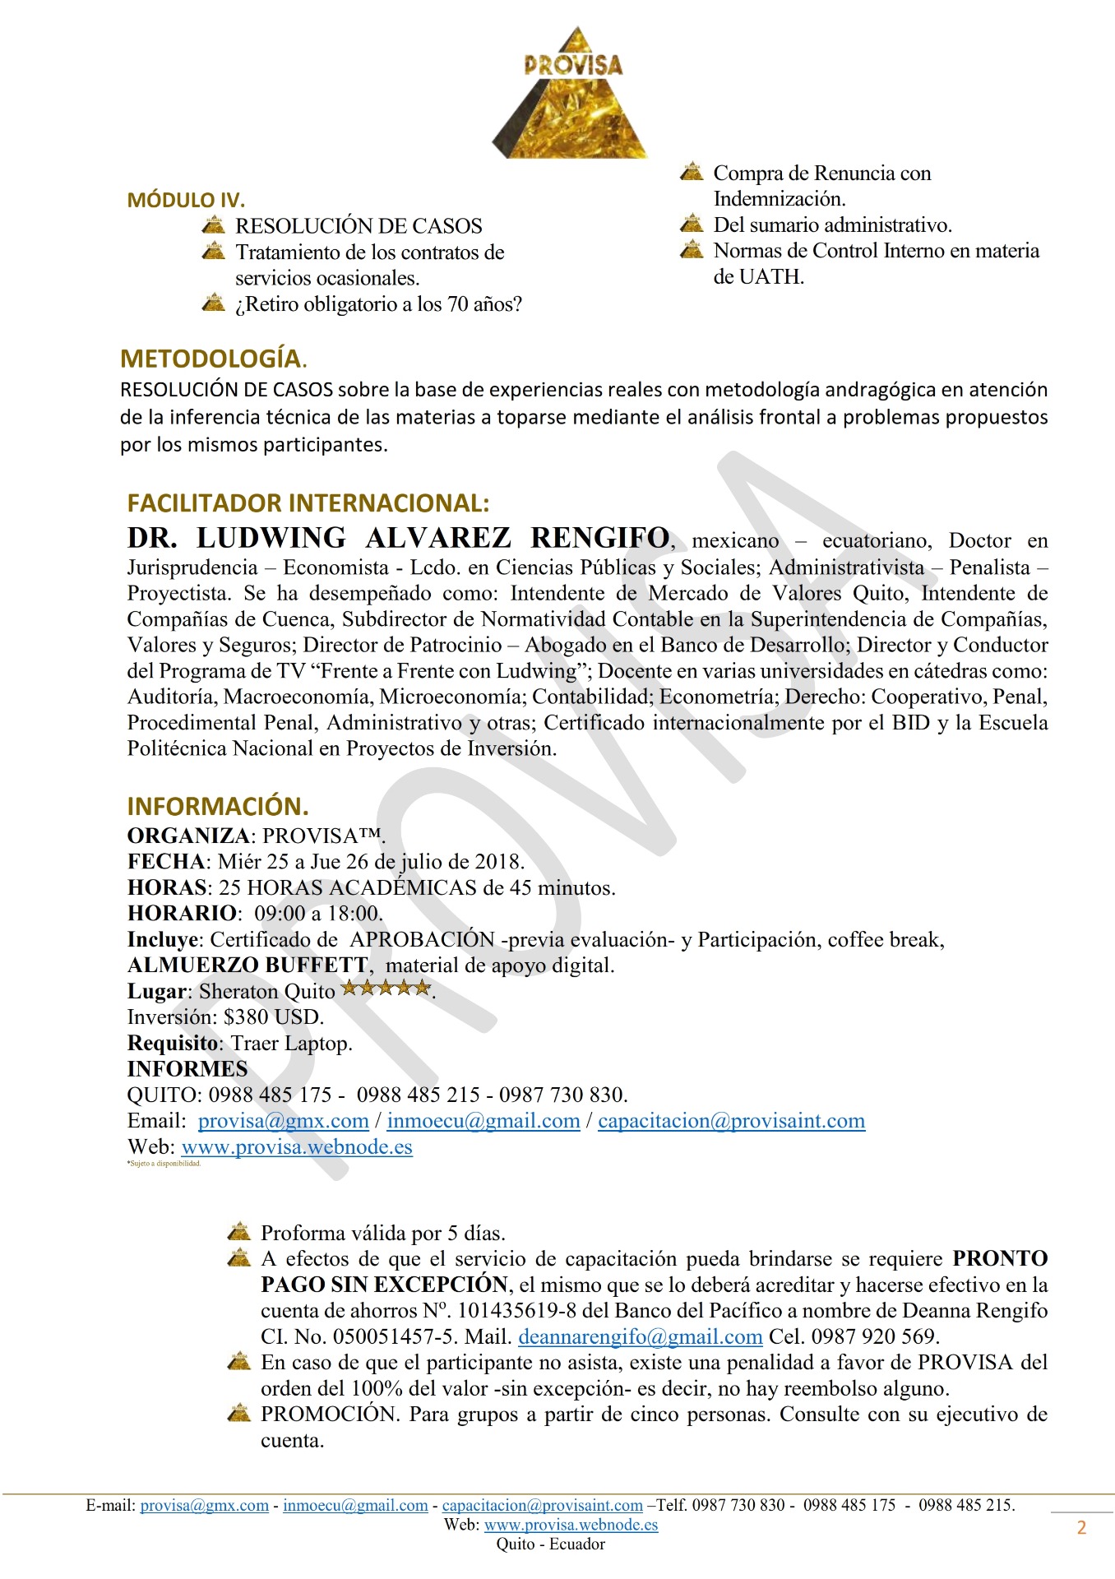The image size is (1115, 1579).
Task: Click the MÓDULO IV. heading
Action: (x=186, y=200)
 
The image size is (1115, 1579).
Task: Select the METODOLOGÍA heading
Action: (x=211, y=359)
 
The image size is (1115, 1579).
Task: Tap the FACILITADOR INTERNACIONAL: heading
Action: (x=308, y=503)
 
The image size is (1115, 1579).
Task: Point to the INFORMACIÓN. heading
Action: (x=218, y=806)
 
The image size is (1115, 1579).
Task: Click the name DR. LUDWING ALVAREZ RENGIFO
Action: (x=398, y=538)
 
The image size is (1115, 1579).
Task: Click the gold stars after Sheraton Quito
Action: (x=386, y=989)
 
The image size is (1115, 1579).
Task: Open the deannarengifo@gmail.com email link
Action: (x=641, y=1336)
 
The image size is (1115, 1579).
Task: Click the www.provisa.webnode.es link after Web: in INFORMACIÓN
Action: (x=297, y=1146)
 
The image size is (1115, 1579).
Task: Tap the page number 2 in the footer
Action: (x=1081, y=1528)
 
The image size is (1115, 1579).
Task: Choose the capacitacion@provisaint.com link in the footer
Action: (x=543, y=1505)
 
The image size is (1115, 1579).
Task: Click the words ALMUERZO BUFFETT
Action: (x=248, y=965)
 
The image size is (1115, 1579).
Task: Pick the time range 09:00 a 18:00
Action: (x=317, y=913)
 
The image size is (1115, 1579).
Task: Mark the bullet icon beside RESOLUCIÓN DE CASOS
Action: (x=213, y=225)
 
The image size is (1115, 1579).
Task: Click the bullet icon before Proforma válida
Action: (x=238, y=1232)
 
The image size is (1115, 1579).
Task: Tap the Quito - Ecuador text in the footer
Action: (x=551, y=1544)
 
